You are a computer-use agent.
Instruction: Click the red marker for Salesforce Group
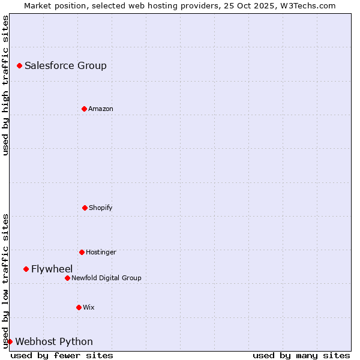pos(19,65)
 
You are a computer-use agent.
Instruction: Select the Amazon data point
pos(84,109)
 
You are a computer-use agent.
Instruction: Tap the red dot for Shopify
pos(85,208)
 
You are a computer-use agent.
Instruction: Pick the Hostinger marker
pos(82,252)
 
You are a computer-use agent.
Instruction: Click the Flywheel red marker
pos(26,269)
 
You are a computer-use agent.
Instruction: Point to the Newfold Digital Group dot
pos(67,278)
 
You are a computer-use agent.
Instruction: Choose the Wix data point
pos(79,307)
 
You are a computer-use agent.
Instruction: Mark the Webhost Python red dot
pos(10,341)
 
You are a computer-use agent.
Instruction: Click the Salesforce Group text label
pos(65,65)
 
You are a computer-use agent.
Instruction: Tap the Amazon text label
pos(101,109)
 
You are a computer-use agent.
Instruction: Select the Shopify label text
pos(101,208)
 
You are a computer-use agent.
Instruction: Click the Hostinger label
pos(101,252)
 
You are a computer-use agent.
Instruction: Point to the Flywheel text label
pos(52,269)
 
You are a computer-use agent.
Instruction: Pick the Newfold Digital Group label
pos(106,278)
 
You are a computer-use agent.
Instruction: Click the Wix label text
pos(89,307)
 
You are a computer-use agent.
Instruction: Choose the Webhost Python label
pos(54,341)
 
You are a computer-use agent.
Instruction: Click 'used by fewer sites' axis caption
pos(62,355)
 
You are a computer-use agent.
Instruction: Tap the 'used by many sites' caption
pos(301,355)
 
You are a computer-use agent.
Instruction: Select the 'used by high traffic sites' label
pos(5,85)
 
